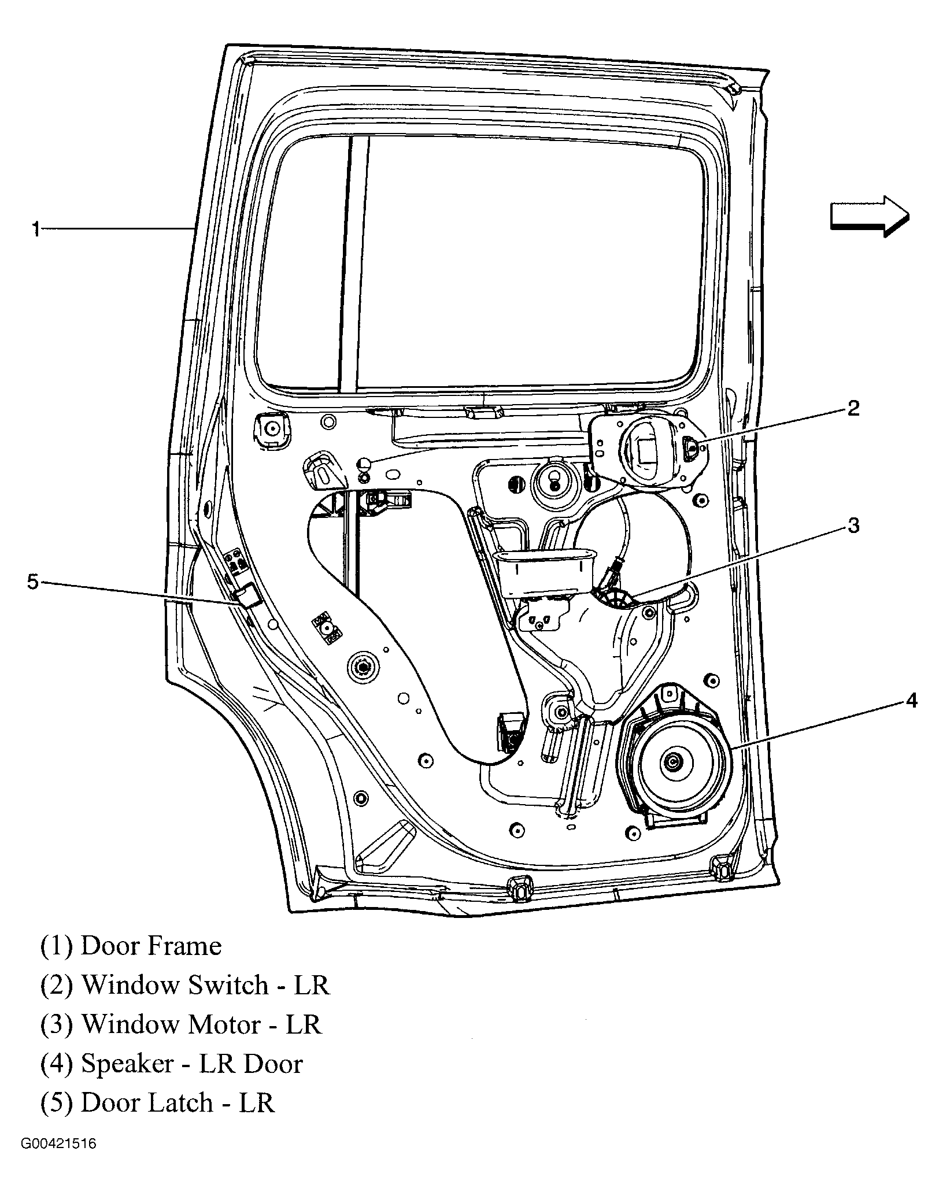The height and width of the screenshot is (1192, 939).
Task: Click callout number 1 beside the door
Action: coord(36,229)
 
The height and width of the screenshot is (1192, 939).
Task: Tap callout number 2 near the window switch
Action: coord(853,409)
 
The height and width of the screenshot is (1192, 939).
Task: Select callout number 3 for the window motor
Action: coord(853,525)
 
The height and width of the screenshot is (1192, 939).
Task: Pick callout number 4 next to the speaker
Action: coord(911,701)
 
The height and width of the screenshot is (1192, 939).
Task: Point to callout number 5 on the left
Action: coord(33,582)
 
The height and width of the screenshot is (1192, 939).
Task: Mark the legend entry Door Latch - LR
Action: coord(177,1103)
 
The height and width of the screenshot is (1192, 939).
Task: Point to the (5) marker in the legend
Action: coord(56,1103)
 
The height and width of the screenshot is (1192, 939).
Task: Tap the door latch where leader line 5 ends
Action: coord(247,595)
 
